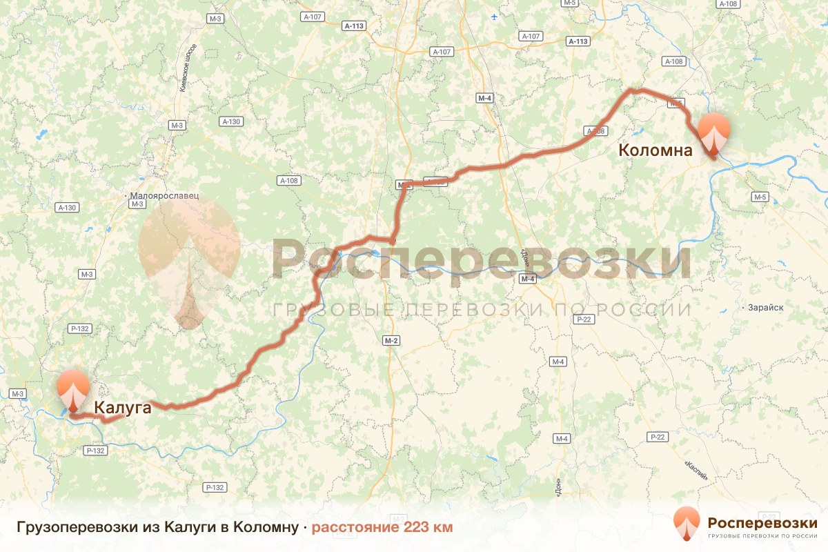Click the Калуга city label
pos(122,408)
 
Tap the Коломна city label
pos(655,150)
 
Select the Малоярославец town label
pos(164,195)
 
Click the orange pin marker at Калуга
pos(73,392)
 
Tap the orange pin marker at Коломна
pos(713,135)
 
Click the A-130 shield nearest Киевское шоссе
pos(231,121)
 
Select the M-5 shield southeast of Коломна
pos(760,197)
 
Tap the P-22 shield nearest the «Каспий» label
pos(657,437)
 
